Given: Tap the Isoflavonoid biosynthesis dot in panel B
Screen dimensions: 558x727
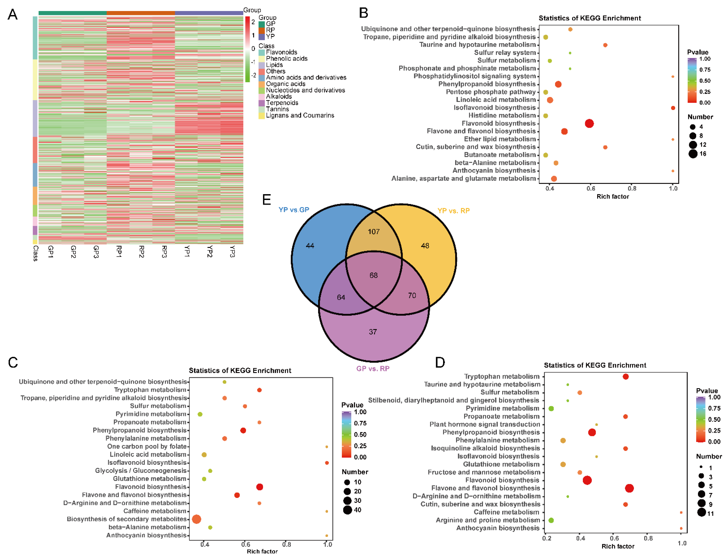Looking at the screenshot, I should coord(673,108).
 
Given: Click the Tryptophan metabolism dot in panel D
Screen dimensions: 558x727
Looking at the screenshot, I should coord(625,377).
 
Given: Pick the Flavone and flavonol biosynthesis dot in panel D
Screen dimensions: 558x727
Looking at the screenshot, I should coord(629,488).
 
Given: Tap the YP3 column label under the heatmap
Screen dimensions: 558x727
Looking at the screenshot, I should coord(232,251).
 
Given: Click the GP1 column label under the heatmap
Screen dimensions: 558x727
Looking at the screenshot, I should coord(51,251).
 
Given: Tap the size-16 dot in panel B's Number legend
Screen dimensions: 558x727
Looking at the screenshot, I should coord(693,154).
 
